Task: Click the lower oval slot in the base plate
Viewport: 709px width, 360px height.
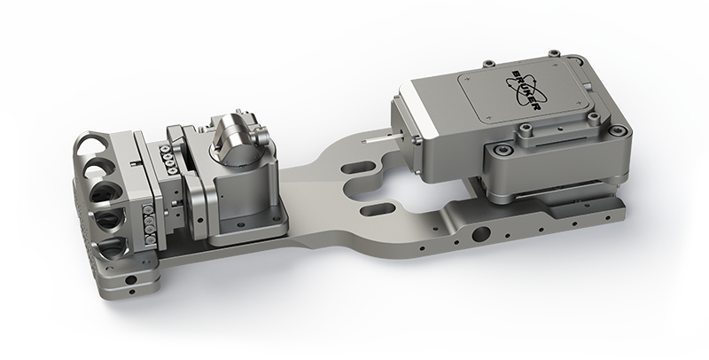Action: click(x=374, y=209)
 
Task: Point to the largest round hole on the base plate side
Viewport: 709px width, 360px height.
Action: click(x=480, y=234)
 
